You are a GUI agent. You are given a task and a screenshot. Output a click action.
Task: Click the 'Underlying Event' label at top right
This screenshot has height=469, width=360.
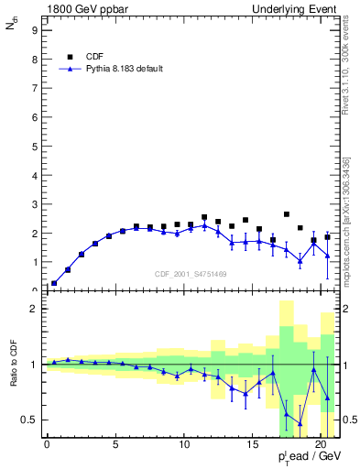click(298, 8)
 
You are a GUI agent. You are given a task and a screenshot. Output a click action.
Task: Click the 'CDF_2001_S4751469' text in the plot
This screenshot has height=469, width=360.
click(191, 272)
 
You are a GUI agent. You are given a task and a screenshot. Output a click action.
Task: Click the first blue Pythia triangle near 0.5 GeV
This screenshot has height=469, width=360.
click(54, 283)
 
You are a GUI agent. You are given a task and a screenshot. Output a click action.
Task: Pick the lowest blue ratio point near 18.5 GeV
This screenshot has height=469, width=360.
click(300, 426)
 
